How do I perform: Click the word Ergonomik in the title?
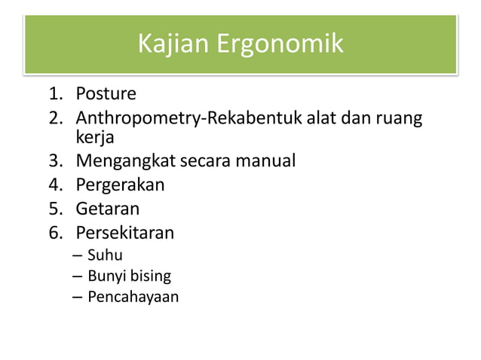pos(280,45)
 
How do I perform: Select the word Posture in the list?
pos(106,94)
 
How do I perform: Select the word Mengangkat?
pos(125,161)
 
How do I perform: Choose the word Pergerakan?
pos(120,185)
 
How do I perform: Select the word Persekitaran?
pos(124,232)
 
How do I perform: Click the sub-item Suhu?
pos(105,255)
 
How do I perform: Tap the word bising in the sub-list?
pos(151,276)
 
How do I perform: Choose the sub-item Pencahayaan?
pos(133,297)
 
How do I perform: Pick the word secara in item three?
pos(204,161)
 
